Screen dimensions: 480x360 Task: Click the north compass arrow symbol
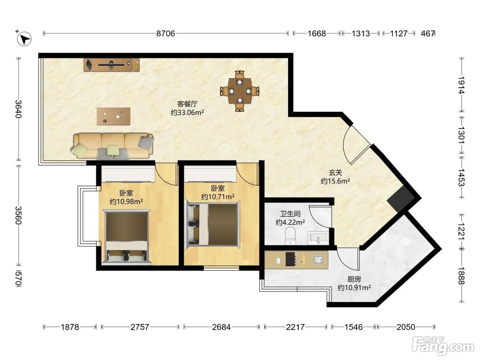coord(24,39)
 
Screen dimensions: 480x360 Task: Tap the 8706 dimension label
coord(166,34)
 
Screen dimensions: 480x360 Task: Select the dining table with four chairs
coord(240,91)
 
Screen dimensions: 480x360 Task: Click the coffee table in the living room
coord(113,116)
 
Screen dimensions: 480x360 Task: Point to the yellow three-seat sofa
coord(112,146)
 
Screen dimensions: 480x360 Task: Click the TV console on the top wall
coord(111,65)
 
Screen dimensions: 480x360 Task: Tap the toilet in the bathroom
coord(290,236)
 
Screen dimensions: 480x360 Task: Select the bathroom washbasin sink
coord(318,238)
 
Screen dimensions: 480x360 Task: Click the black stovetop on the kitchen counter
coord(291,259)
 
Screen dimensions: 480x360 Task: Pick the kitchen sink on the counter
coord(318,260)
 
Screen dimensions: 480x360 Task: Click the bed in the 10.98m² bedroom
coord(127,237)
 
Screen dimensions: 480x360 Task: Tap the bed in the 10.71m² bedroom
coord(212,225)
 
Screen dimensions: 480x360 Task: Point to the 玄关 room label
coord(335,173)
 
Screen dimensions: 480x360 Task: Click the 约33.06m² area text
coord(187,112)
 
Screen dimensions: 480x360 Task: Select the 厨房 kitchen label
coord(354,279)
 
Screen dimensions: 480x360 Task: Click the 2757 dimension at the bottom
coord(140,327)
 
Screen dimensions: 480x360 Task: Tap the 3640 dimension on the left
coord(19,109)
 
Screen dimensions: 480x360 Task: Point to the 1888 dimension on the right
coord(461,276)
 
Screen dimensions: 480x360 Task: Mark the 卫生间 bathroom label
coord(290,214)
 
